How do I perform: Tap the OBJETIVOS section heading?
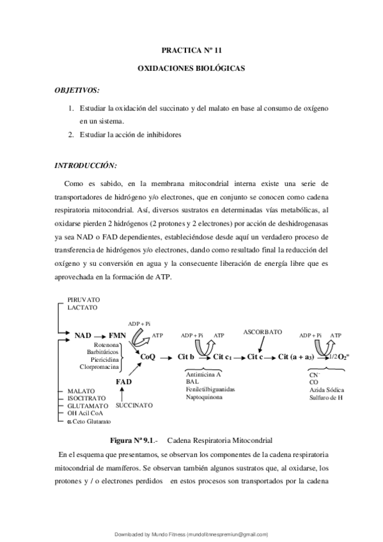77,91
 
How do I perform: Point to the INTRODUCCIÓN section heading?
85,166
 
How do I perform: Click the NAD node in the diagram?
82,335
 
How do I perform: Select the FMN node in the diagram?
117,335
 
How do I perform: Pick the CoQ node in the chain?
148,357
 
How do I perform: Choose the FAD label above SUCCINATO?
124,382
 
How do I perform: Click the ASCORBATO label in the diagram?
262,332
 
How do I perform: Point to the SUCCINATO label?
134,405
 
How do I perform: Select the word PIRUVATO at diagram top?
84,299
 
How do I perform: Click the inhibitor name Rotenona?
106,345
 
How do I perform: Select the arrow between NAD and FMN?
100,335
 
